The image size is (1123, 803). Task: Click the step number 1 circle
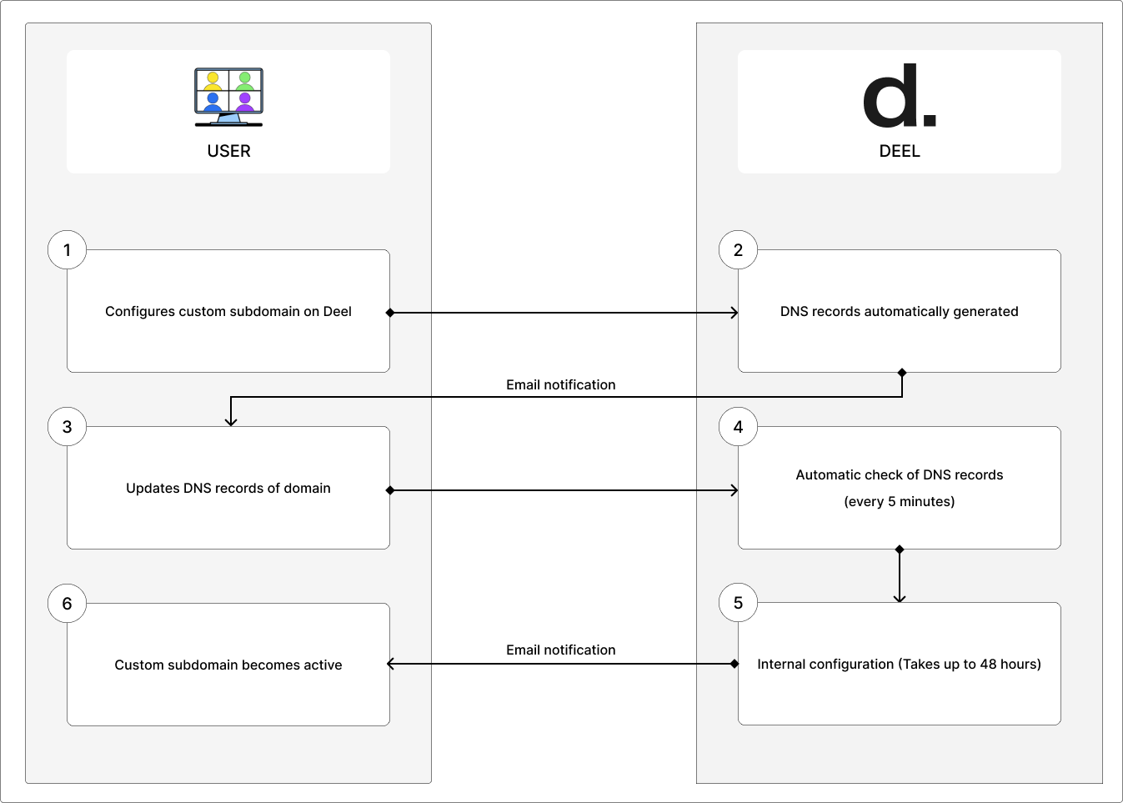pyautogui.click(x=68, y=250)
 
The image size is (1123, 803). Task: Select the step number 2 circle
pyautogui.click(x=738, y=250)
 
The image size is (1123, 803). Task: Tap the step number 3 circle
pyautogui.click(x=68, y=427)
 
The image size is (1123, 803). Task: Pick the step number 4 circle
pyautogui.click(x=738, y=427)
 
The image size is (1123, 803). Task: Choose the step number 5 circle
pyautogui.click(x=738, y=603)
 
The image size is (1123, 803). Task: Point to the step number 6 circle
pyautogui.click(x=68, y=604)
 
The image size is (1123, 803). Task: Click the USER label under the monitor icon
pyautogui.click(x=228, y=151)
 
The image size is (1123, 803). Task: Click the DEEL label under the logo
pyautogui.click(x=900, y=151)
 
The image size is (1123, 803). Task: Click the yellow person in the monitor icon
pyautogui.click(x=213, y=82)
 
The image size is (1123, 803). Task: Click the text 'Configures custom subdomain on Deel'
pyautogui.click(x=228, y=311)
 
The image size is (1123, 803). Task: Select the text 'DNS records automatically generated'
pyautogui.click(x=899, y=311)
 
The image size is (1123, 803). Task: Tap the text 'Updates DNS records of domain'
pyautogui.click(x=228, y=488)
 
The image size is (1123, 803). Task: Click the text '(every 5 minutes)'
pyautogui.click(x=899, y=501)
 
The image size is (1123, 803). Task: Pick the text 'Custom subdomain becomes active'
pyautogui.click(x=228, y=665)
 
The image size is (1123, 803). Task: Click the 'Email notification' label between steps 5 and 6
pyautogui.click(x=560, y=650)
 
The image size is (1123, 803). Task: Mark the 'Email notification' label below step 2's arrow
pyautogui.click(x=560, y=384)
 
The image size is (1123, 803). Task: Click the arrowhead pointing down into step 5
pyautogui.click(x=899, y=598)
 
